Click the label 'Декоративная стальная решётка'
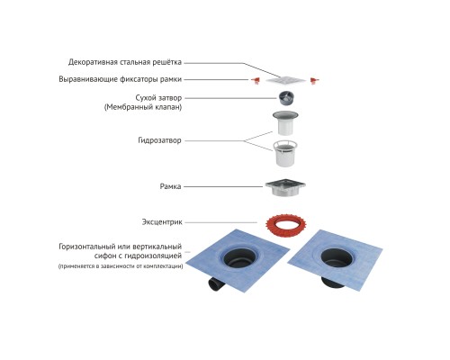coord(125,62)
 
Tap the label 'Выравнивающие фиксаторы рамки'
coord(121,79)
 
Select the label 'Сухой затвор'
coord(158,98)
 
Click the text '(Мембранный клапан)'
coord(143,107)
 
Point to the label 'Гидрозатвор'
coord(159,140)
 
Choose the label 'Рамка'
coord(170,186)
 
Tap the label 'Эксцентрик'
coord(162,222)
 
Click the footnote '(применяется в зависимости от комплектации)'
coord(121,266)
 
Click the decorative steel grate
coord(285,80)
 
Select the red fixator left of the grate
coord(256,80)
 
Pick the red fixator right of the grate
coord(314,80)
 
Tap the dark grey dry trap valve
coord(286,98)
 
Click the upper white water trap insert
coord(285,123)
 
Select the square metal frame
coord(285,188)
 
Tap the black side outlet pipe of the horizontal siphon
coord(216,283)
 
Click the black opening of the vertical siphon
coord(337,257)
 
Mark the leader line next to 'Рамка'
coord(223,186)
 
